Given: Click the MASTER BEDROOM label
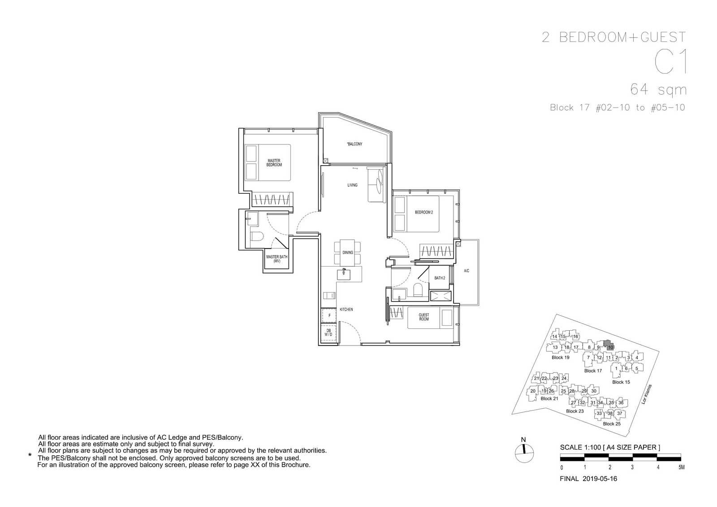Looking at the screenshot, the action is tap(274, 162).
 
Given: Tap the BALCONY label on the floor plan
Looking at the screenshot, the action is tap(354, 144).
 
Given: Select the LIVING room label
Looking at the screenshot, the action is tap(352, 185).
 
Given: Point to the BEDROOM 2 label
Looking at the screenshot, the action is tap(424, 212).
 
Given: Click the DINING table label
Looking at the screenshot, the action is tap(348, 253).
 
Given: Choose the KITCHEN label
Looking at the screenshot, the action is tap(346, 309).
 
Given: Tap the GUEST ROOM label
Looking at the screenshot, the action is tap(424, 317).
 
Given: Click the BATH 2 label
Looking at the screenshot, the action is tap(440, 278).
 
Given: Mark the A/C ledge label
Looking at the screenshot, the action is tap(466, 271).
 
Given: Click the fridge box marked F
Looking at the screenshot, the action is tap(329, 315).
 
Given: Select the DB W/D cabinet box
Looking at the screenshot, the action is tap(328, 332).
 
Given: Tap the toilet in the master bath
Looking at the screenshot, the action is tap(257, 236).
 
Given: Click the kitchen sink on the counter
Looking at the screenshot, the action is tap(343, 274).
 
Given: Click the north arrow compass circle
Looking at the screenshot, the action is tap(524, 454).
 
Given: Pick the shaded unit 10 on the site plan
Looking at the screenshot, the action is tap(609, 345).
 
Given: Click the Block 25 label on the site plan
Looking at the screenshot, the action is tap(611, 424).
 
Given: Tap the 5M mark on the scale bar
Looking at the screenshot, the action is tap(681, 467).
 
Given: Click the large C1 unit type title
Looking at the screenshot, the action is tap(670, 62).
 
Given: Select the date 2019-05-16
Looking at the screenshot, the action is tap(600, 479).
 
